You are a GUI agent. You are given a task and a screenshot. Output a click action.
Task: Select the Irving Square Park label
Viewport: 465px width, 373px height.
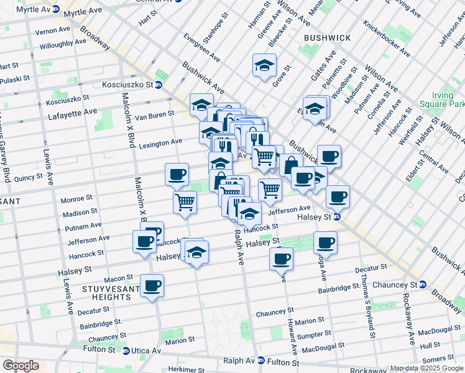(441, 99)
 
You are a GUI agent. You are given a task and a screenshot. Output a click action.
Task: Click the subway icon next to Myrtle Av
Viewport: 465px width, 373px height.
(56, 9)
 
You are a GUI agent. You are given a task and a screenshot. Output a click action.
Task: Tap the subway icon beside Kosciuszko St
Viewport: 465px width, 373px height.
(159, 85)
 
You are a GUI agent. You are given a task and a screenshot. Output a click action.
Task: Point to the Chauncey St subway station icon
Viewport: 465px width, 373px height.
(423, 285)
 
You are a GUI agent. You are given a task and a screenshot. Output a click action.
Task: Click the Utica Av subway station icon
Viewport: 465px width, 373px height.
(126, 351)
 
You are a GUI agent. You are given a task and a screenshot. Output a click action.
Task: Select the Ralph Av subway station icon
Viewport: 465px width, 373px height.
(261, 361)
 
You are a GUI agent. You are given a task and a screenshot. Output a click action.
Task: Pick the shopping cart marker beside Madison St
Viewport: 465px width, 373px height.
(185, 202)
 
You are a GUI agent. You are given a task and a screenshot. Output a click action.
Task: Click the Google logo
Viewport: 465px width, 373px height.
(20, 366)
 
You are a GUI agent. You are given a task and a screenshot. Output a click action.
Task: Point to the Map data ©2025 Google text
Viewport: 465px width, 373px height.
(426, 368)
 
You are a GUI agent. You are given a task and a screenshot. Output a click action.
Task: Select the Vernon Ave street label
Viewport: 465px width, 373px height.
(52, 30)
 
